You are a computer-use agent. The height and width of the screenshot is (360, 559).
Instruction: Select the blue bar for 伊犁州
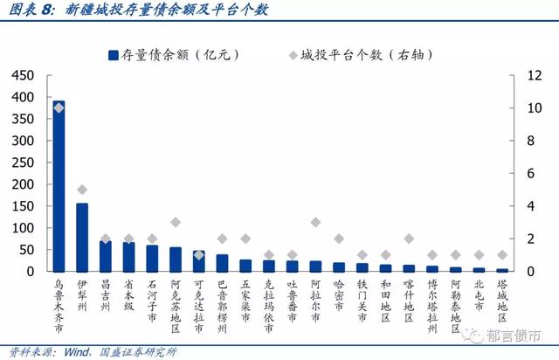[82, 238]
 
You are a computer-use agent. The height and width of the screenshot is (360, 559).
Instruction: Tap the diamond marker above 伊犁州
[82, 190]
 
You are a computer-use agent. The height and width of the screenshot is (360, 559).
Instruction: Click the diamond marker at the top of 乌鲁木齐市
[59, 107]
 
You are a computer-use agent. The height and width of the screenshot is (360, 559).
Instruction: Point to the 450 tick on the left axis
[22, 75]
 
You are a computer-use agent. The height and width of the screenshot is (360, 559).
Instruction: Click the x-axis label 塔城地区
[502, 298]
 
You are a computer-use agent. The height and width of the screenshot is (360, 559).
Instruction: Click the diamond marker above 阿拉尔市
[315, 222]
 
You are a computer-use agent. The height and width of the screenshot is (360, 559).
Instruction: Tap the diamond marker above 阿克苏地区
[176, 222]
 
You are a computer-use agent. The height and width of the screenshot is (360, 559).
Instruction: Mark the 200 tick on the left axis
[22, 184]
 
